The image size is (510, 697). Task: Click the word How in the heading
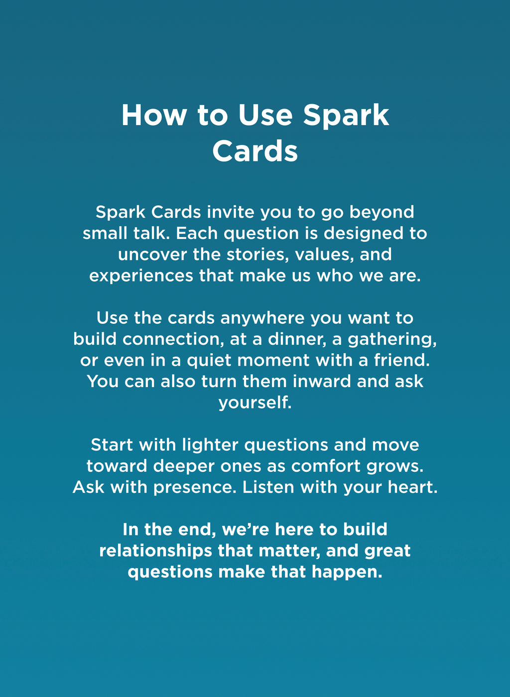click(153, 115)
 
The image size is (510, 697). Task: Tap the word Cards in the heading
click(255, 151)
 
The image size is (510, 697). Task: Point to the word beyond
click(382, 212)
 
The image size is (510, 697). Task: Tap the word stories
click(257, 255)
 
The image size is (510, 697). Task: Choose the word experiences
click(141, 276)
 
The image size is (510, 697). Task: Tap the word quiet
click(209, 360)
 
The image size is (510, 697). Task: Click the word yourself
click(255, 403)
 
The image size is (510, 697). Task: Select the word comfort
click(326, 466)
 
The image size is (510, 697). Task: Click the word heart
click(413, 487)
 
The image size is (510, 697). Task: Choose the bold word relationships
click(155, 551)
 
